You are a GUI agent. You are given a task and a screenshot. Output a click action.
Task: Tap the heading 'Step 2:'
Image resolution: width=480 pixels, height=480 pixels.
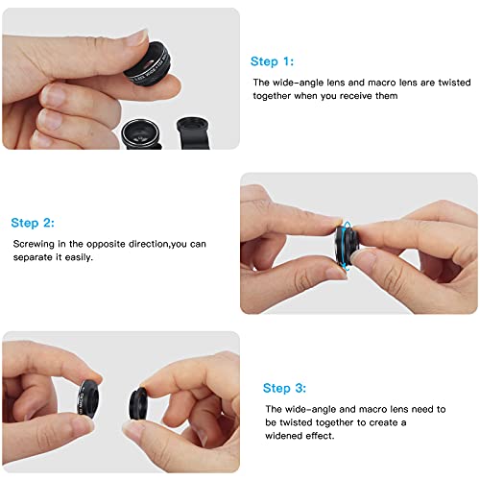pyautogui.click(x=34, y=222)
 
